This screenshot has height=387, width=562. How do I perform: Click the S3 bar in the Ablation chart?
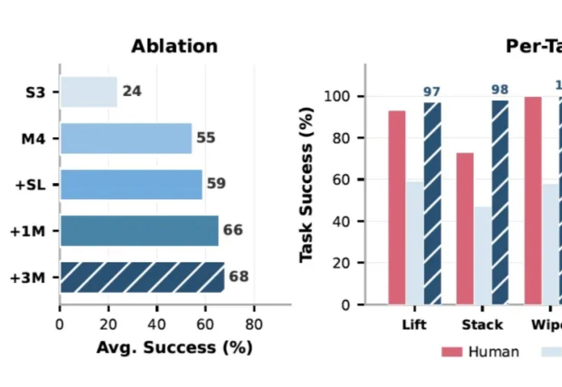coord(88,92)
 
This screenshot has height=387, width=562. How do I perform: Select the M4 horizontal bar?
coord(126,138)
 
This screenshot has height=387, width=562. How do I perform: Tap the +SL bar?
coord(131,184)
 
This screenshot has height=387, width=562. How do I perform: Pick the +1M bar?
coord(139,230)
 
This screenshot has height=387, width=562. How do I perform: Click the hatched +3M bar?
coord(142,277)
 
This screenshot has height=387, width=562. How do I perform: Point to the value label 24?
coord(132,92)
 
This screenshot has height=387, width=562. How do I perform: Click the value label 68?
coord(239,276)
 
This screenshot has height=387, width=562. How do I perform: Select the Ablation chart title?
coord(174,46)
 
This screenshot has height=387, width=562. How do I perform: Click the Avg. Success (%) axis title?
coord(174,347)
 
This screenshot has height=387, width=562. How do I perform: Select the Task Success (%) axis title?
coord(306,185)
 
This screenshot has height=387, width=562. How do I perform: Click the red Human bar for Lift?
coord(397,207)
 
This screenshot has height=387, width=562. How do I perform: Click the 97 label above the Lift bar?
coord(431,92)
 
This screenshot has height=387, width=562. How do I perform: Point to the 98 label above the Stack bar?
coord(500,90)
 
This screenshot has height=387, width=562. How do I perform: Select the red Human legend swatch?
coord(452,352)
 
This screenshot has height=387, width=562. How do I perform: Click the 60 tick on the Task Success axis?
coord(340,180)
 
